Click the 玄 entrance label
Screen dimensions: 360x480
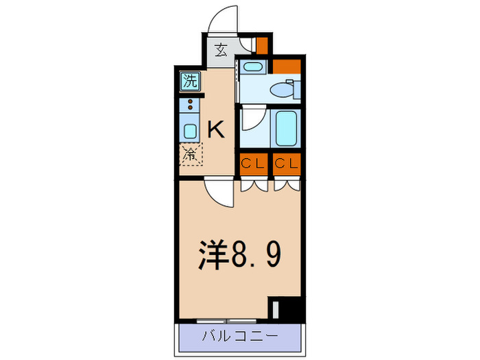click(x=221, y=50)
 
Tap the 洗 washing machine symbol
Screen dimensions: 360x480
click(x=190, y=81)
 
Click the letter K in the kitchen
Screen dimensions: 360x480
click(x=215, y=129)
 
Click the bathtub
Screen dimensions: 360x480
click(x=286, y=128)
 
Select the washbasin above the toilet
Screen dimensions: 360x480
click(x=254, y=67)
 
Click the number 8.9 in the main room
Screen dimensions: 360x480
click(x=255, y=254)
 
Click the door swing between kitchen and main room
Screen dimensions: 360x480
click(x=219, y=193)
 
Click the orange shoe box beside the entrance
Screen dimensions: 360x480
click(x=261, y=45)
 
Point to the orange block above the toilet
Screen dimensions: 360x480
click(x=287, y=67)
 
